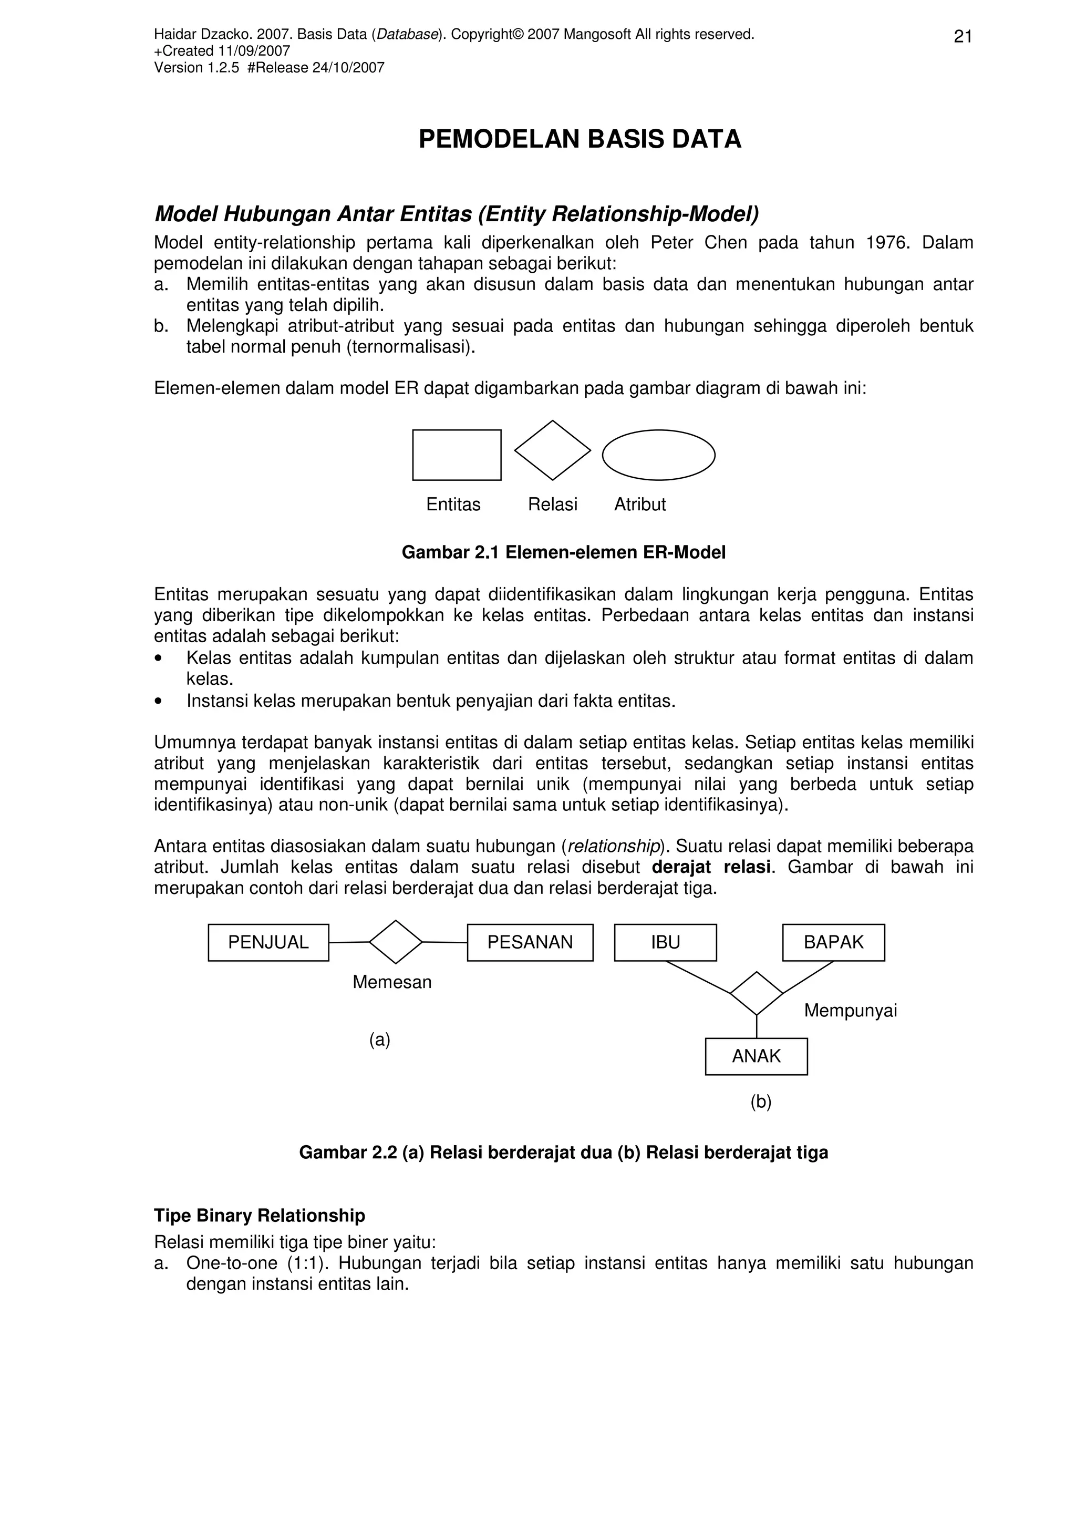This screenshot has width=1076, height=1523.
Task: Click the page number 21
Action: [963, 37]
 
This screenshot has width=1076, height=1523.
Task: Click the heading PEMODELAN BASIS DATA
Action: [580, 139]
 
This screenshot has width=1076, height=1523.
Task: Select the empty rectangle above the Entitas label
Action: [456, 455]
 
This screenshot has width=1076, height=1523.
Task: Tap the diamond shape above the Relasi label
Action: [552, 450]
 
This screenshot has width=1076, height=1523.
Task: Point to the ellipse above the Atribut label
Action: [658, 455]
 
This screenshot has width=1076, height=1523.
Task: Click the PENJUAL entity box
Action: [268, 943]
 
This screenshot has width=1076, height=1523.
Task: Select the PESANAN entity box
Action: [530, 943]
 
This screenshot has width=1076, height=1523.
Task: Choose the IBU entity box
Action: [665, 943]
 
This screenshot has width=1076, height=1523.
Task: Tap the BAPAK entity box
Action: [833, 943]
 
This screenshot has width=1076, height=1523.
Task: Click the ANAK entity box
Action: [756, 1056]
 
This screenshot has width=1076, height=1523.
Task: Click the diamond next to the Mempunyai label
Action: [757, 993]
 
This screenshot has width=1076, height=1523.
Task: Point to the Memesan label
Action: [392, 982]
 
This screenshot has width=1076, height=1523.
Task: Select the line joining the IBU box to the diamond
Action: [697, 977]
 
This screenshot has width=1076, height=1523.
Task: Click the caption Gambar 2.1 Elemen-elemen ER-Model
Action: [564, 552]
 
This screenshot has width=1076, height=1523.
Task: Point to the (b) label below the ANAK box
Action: [760, 1102]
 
